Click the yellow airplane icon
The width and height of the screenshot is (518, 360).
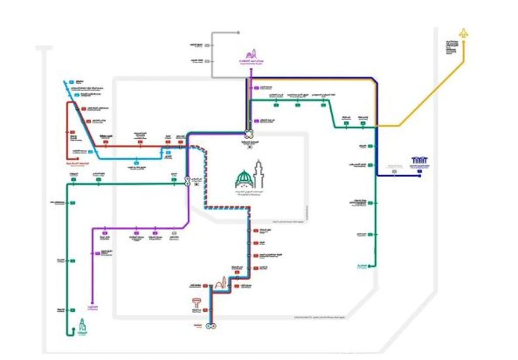[464, 34]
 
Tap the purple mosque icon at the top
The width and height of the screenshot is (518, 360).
[251, 54]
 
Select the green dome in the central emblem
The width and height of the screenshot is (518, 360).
[244, 178]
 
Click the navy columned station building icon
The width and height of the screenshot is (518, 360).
[419, 162]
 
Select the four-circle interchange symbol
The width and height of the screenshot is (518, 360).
[249, 134]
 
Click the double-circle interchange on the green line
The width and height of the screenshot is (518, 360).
[187, 181]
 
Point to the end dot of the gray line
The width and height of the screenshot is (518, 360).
[238, 33]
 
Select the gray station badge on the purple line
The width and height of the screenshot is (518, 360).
[175, 233]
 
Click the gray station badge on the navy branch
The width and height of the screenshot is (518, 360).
[395, 172]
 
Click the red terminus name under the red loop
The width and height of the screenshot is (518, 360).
[75, 164]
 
